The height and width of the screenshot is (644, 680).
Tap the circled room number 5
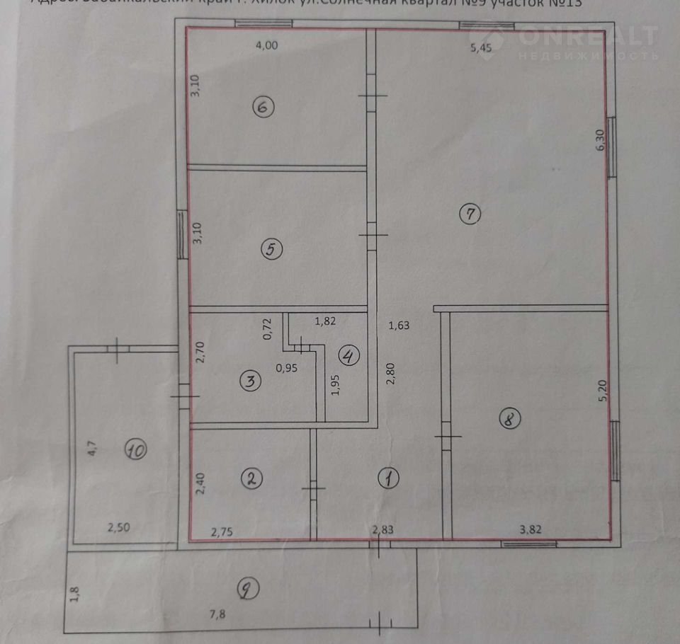pos(272,248)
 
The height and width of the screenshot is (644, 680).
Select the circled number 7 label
pos(470,212)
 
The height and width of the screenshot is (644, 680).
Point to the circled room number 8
pos(509,419)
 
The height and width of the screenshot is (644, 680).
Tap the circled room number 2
pos(251,478)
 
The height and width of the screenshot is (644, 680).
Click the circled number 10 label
pos(136,448)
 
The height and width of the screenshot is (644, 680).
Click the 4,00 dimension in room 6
pos(266,47)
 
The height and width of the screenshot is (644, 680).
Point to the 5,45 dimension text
pos(482,48)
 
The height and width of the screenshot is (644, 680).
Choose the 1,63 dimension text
pos(399,326)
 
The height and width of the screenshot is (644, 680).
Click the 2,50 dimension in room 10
pos(118,527)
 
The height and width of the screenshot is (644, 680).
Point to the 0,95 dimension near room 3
pos(287,367)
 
